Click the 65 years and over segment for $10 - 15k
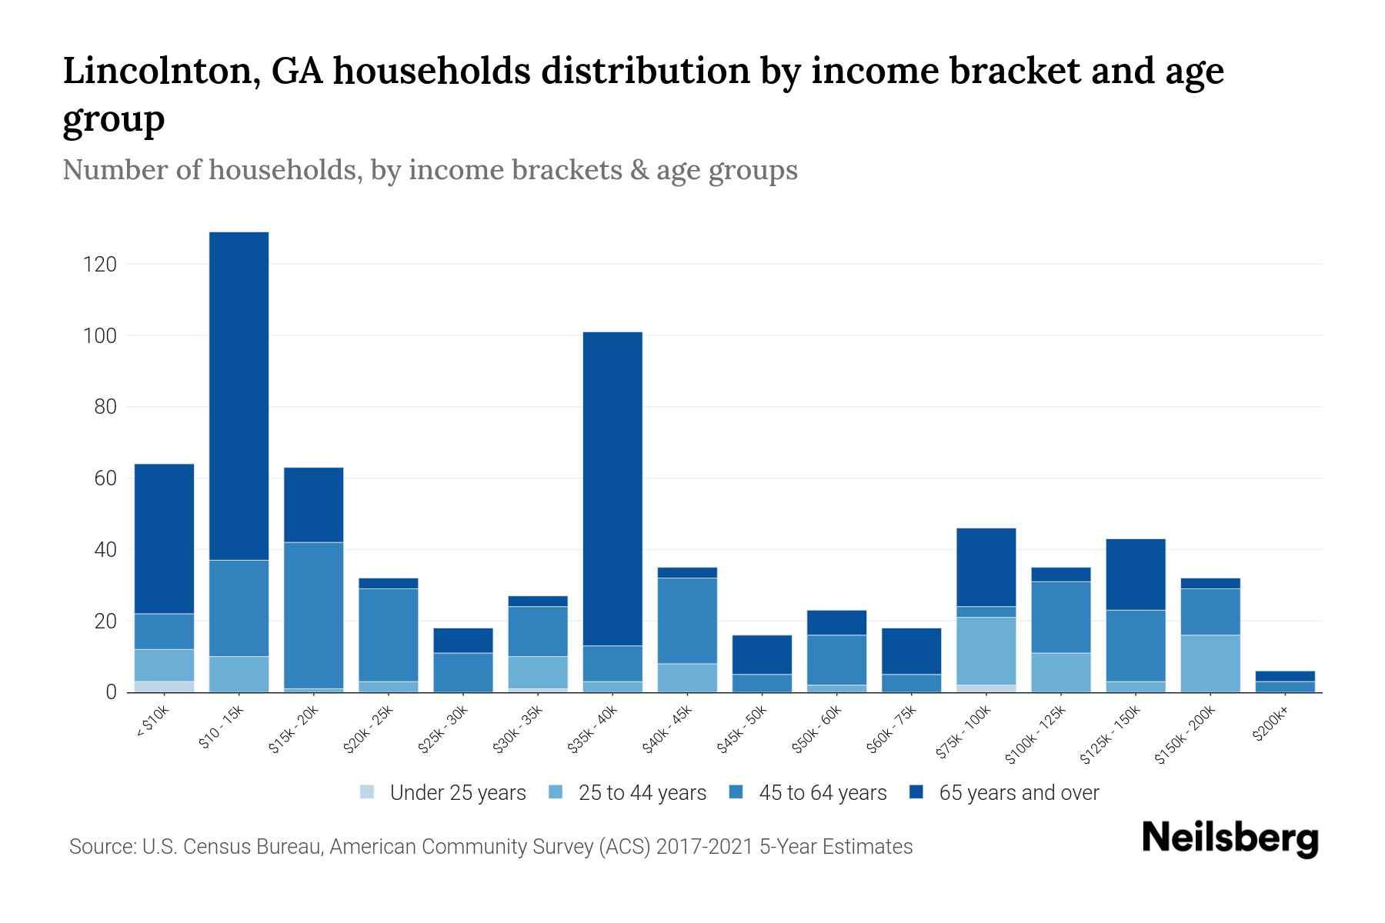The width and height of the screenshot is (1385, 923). pos(239,396)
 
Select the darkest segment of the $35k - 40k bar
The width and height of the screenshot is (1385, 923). pos(612,488)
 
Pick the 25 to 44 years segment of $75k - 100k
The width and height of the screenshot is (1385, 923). pos(986,651)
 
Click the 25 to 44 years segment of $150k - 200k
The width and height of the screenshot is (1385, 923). pos(1210,663)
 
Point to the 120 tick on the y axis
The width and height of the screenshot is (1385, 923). pos(100,265)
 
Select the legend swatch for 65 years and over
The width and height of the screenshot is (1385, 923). pos(916,792)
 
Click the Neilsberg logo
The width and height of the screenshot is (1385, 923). pos(1230,838)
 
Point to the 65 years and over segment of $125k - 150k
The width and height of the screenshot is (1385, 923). pos(1135,575)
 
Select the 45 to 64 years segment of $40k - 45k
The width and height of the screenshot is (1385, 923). pos(687,620)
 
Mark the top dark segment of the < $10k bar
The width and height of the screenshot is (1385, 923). pos(164,538)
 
